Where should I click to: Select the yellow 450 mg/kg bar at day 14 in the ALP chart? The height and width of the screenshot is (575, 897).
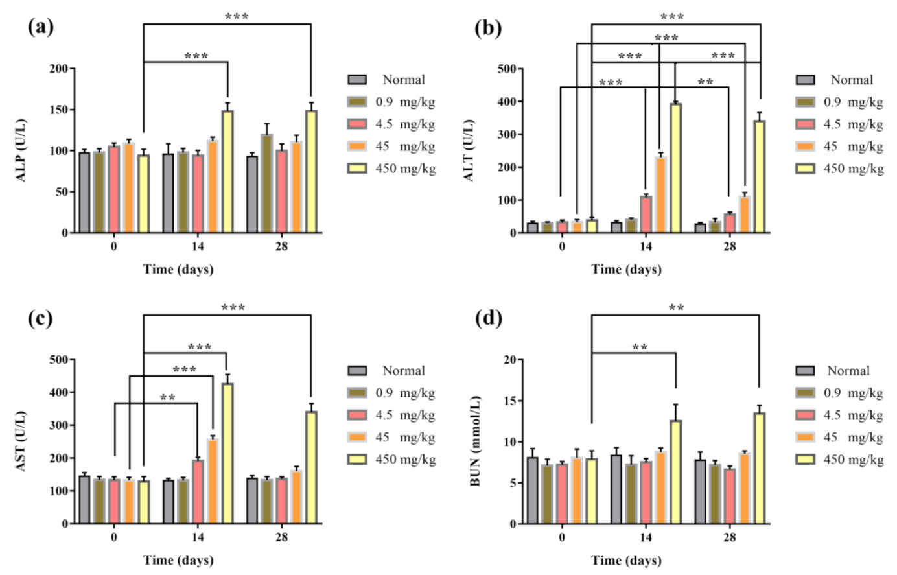point(227,172)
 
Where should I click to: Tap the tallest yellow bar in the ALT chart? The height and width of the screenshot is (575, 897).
point(675,168)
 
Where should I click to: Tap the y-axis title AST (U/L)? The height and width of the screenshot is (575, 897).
point(21,441)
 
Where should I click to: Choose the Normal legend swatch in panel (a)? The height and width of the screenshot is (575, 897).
point(357,80)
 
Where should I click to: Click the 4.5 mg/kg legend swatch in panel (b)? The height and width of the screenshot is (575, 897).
point(805,124)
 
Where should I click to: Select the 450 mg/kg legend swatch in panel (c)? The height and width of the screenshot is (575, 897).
point(357,460)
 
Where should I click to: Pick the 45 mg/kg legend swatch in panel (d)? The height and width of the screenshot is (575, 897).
point(805,438)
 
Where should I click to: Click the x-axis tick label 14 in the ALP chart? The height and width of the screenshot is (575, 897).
point(197,247)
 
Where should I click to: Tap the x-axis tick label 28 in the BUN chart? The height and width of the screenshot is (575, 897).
point(730,538)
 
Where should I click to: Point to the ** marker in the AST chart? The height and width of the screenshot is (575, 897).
point(167,397)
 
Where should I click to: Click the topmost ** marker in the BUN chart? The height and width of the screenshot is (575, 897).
point(676,308)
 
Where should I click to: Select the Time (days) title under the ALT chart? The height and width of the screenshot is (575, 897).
point(626,269)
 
